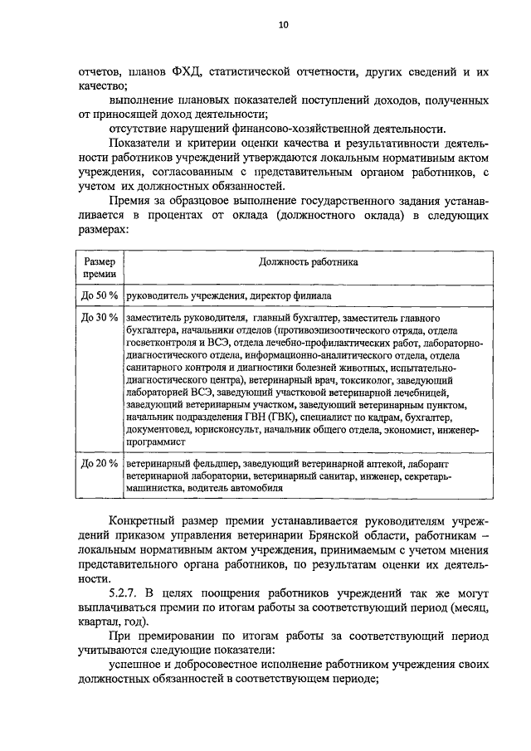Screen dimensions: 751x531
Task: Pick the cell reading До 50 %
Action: (x=100, y=295)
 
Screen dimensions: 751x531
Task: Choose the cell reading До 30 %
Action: (x=100, y=318)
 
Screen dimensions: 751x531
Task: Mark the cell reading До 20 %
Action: (x=100, y=463)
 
